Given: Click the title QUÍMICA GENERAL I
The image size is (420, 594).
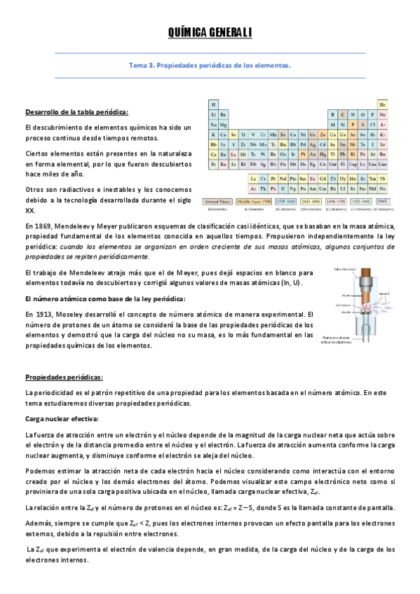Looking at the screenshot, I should tap(210, 32).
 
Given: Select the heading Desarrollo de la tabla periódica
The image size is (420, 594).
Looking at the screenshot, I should tap(76, 111).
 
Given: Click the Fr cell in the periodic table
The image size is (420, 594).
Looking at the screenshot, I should tap(213, 164).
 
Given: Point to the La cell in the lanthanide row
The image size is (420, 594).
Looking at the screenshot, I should tap(252, 179).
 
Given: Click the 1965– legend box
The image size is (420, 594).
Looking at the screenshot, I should tap(382, 200).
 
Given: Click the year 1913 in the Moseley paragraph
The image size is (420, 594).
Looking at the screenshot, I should tap(41, 315).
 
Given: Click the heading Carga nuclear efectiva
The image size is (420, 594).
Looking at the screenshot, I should tap(57, 419).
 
